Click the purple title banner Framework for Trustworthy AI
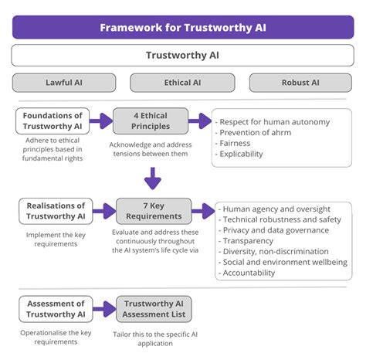tap(183, 27)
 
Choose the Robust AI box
tap(300, 83)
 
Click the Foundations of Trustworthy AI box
tap(51, 121)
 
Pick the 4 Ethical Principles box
tap(150, 121)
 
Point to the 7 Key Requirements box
tap(154, 211)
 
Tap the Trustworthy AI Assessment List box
tap(154, 308)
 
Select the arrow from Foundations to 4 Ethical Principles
tap(100, 121)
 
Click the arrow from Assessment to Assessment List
tap(103, 308)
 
